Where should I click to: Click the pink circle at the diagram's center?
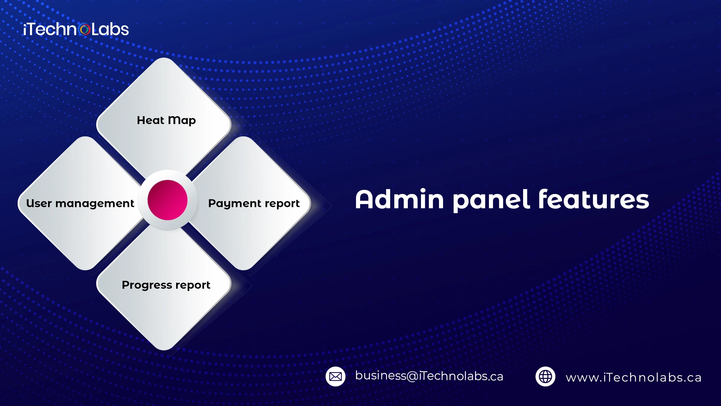click(167, 200)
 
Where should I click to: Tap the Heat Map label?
click(166, 120)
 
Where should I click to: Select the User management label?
click(80, 203)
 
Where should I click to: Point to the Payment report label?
click(254, 203)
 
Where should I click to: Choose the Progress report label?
click(166, 285)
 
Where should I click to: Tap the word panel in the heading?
click(491, 200)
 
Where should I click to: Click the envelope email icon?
click(335, 376)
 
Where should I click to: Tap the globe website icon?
click(545, 376)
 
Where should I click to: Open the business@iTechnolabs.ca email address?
click(429, 376)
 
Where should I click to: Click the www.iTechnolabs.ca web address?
click(634, 377)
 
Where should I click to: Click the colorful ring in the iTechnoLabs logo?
click(85, 29)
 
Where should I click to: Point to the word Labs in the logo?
click(110, 29)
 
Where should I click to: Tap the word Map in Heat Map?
click(182, 121)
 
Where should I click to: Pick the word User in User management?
click(39, 203)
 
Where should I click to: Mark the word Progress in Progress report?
click(147, 285)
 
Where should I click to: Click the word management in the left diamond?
click(95, 204)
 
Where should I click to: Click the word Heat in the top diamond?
click(151, 120)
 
